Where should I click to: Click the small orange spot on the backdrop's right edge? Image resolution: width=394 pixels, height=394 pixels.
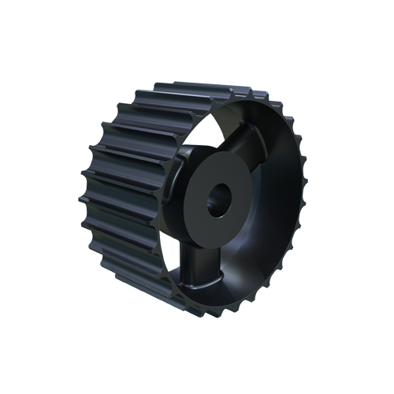click(x=305, y=154)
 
